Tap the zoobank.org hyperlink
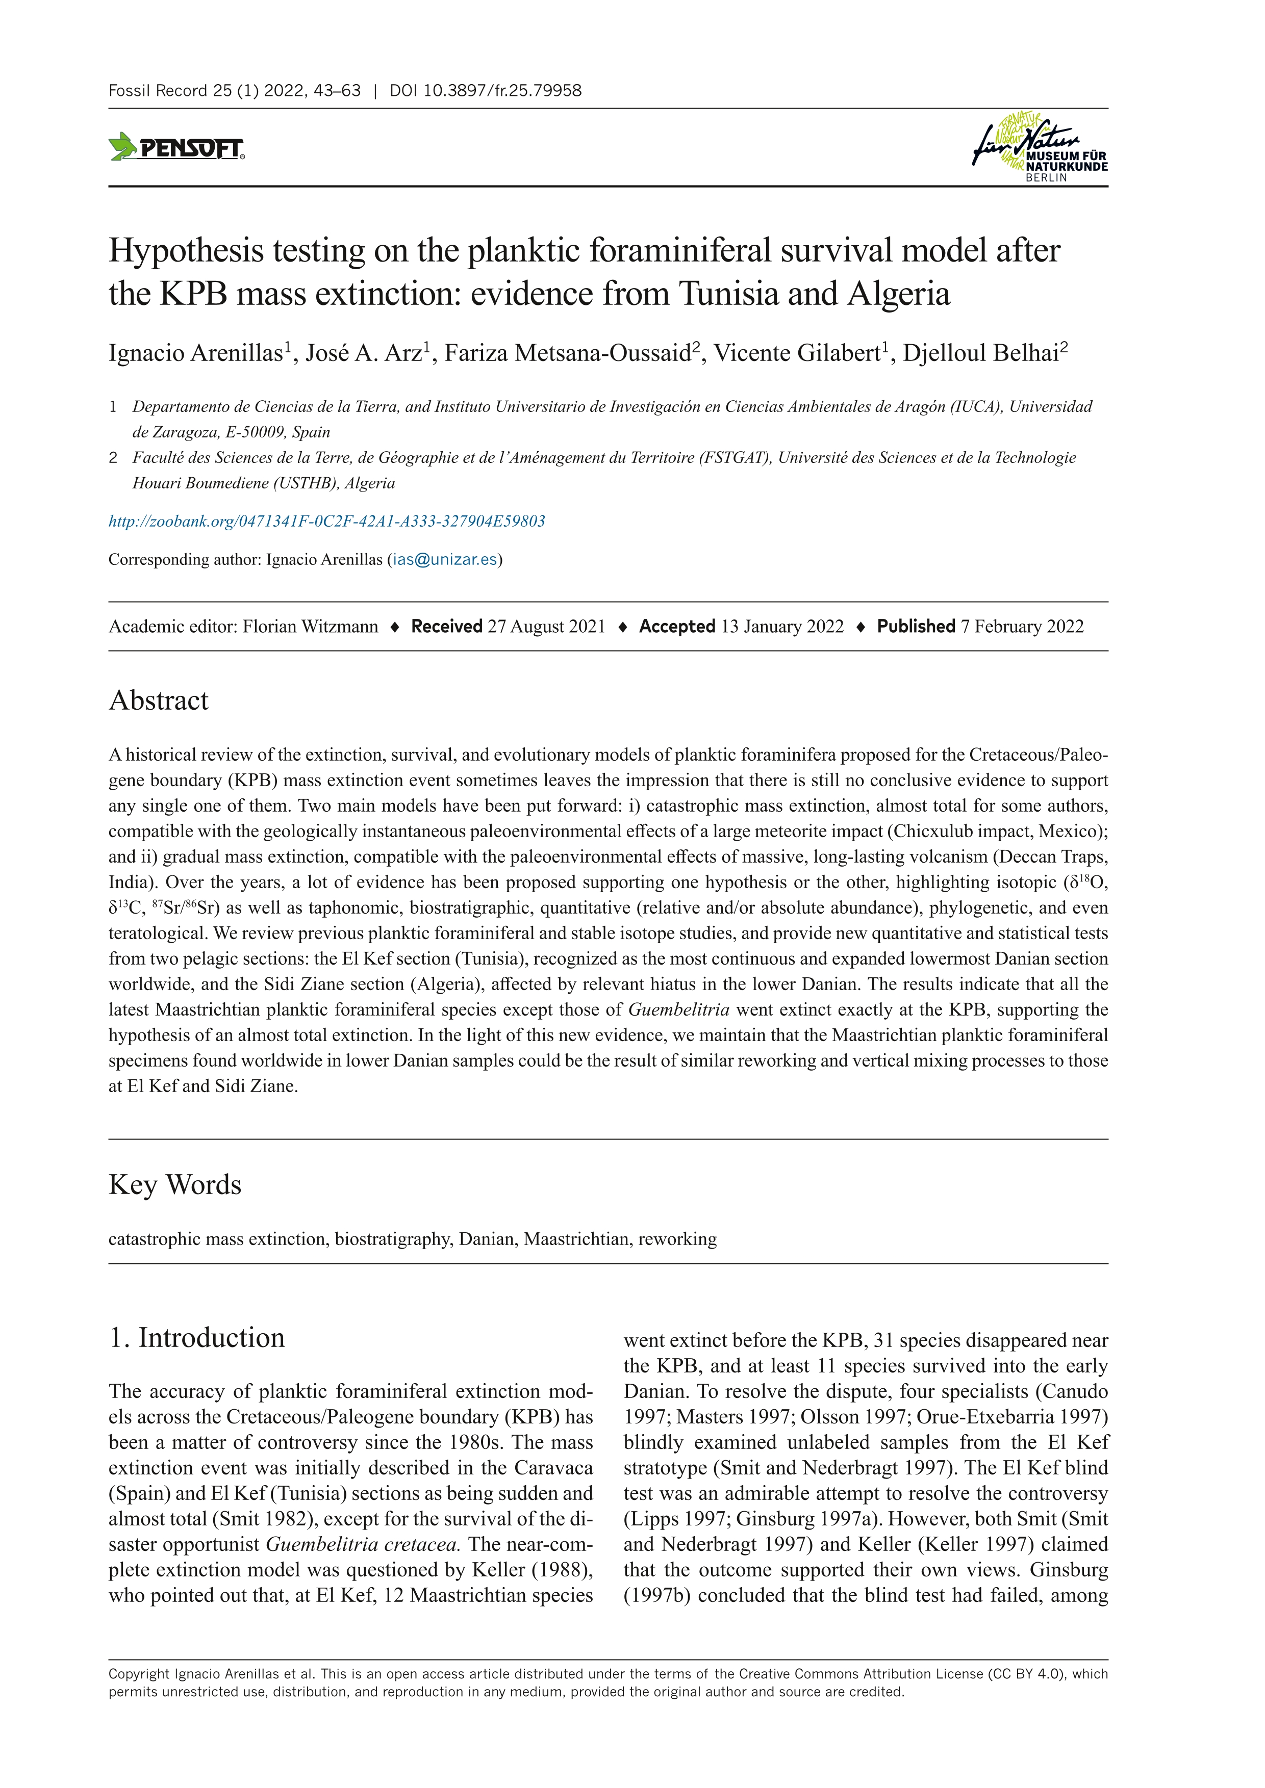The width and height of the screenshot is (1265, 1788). tap(326, 521)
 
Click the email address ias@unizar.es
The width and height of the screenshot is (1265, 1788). tap(445, 560)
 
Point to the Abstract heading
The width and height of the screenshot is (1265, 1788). tap(159, 700)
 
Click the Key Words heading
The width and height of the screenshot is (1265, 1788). tap(175, 1184)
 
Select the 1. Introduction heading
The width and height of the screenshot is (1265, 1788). tap(197, 1337)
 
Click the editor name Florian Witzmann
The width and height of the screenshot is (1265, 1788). tap(310, 627)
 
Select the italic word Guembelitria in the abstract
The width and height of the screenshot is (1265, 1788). tap(678, 1010)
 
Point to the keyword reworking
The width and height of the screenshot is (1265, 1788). tap(677, 1239)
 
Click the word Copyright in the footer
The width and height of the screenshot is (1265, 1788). tap(139, 1673)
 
